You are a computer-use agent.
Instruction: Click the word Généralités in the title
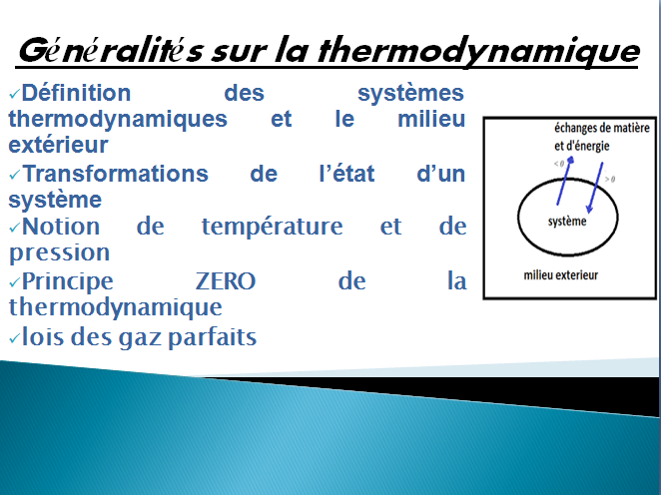click(111, 51)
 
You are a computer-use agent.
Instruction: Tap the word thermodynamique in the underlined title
click(479, 51)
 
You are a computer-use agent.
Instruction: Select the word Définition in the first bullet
click(76, 93)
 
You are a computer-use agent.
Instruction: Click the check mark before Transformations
click(14, 174)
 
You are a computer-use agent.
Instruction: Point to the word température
click(273, 228)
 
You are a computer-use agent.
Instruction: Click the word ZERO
click(226, 281)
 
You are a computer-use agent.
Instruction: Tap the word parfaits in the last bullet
click(212, 338)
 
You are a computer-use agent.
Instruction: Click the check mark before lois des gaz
click(14, 337)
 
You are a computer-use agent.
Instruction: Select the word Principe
click(68, 282)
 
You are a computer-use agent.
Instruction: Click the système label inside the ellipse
click(567, 222)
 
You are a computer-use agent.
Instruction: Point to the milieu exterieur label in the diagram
click(561, 275)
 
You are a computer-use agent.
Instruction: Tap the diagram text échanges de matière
click(601, 128)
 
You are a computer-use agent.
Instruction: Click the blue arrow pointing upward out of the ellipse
click(564, 181)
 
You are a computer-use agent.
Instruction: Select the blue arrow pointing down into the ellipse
click(594, 188)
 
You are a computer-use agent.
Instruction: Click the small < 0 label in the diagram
click(559, 164)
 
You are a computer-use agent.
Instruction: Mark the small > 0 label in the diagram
click(610, 179)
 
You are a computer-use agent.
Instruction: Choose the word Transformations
click(116, 174)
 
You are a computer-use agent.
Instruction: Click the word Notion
click(61, 227)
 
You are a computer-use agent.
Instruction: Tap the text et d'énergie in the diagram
click(582, 146)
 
